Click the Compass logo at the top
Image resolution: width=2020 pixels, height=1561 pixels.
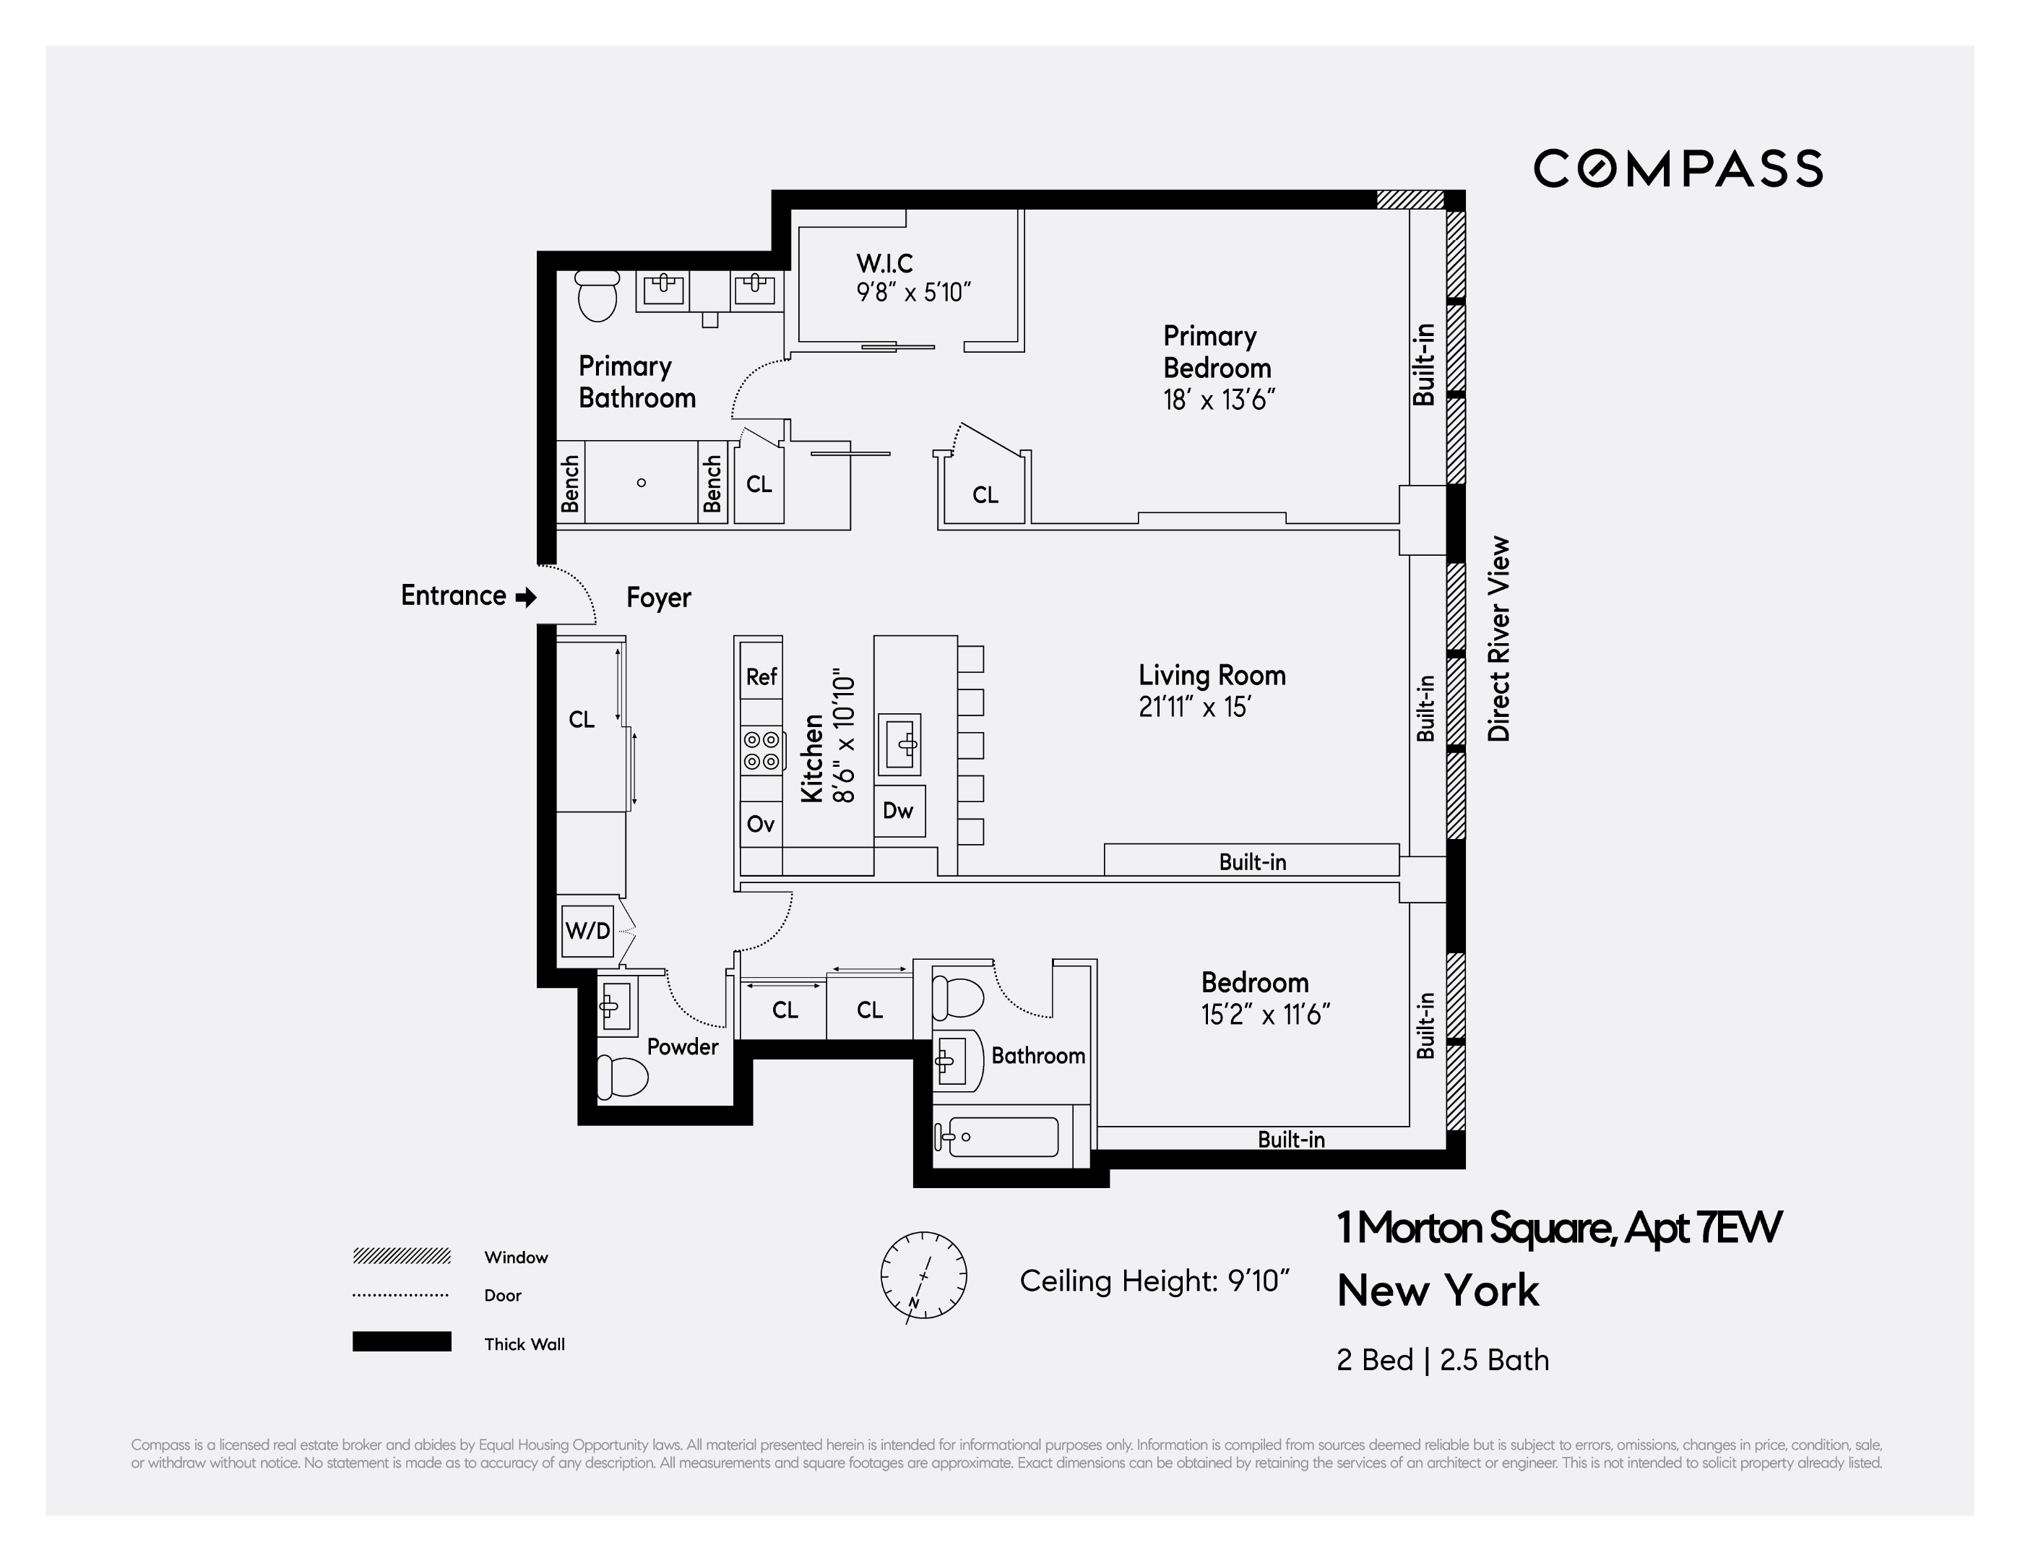pos(1677,168)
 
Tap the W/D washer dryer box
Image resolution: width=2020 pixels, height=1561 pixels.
pos(587,930)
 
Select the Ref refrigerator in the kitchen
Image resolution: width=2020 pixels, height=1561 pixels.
pos(761,676)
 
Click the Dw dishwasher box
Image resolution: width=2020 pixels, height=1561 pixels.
pos(898,811)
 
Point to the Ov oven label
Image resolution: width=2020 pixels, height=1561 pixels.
pos(760,824)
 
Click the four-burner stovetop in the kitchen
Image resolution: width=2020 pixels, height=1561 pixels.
pos(761,750)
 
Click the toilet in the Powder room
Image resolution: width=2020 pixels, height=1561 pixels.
pos(623,1076)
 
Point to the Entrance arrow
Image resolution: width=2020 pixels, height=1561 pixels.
pos(525,597)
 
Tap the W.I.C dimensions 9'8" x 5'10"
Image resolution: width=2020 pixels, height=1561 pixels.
pos(913,293)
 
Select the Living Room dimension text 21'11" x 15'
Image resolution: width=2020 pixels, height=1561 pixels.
pos(1194,707)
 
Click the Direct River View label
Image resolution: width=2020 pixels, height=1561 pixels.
pos(1498,638)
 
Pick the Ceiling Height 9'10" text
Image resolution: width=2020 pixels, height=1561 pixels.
pos(1154,1281)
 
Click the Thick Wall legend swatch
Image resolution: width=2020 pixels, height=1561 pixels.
pos(402,1342)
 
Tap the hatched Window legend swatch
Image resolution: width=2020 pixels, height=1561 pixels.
pos(402,1255)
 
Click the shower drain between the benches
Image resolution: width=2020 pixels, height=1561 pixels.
pos(641,482)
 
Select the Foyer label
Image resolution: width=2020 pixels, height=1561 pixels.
pos(659,598)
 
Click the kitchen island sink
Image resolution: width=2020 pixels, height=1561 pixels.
pos(899,743)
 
